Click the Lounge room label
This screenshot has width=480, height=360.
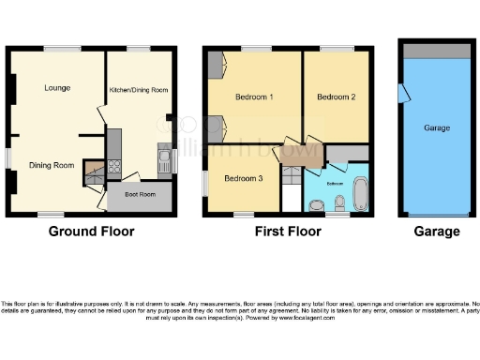56,88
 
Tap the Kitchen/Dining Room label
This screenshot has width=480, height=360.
138,89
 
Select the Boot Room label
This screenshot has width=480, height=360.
139,199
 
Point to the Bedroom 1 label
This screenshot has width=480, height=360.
254,97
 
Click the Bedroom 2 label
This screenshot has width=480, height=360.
336,97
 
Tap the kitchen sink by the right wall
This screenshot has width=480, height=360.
162,158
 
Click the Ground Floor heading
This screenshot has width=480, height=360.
91,232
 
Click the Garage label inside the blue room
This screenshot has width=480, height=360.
437,127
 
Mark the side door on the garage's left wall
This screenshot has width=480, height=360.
403,93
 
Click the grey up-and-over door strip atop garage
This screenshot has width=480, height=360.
436,50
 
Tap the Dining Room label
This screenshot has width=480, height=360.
52,165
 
